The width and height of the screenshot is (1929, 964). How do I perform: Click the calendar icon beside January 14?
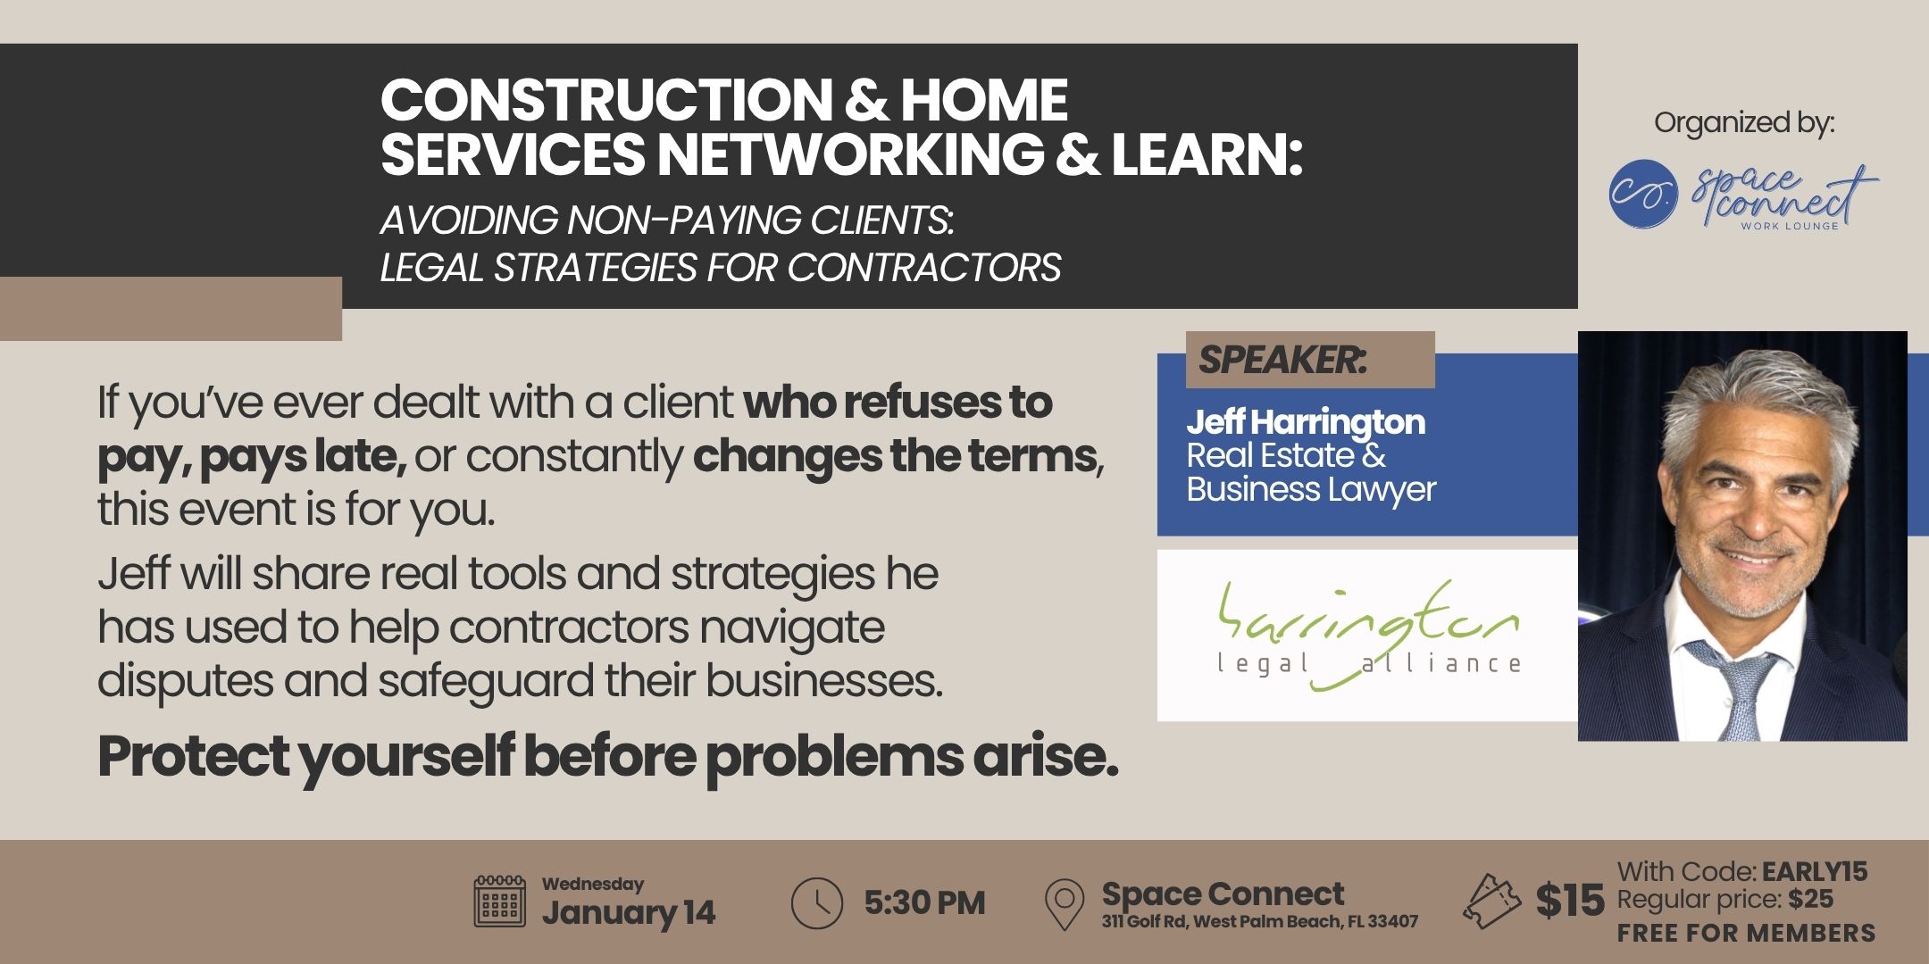click(x=500, y=902)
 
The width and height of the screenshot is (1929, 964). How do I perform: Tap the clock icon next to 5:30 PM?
click(x=816, y=902)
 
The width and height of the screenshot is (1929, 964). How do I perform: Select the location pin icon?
click(x=1065, y=904)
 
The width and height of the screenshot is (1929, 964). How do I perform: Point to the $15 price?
click(x=1570, y=901)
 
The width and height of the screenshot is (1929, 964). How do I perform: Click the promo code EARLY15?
click(x=1815, y=871)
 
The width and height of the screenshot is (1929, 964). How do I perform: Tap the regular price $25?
click(x=1811, y=900)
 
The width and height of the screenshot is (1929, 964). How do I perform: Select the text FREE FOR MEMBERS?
click(x=1746, y=933)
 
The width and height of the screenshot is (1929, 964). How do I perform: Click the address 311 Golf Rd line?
click(x=1259, y=922)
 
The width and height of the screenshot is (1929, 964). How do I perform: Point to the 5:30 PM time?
click(x=924, y=902)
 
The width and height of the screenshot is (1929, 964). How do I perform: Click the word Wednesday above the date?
click(x=593, y=884)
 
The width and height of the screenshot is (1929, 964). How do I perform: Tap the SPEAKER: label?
click(x=1282, y=360)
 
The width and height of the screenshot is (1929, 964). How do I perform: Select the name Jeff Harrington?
click(x=1306, y=422)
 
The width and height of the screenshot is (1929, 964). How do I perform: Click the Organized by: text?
click(x=1744, y=123)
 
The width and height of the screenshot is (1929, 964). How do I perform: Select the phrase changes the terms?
click(x=894, y=456)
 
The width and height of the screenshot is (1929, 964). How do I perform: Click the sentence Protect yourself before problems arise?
click(x=607, y=758)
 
